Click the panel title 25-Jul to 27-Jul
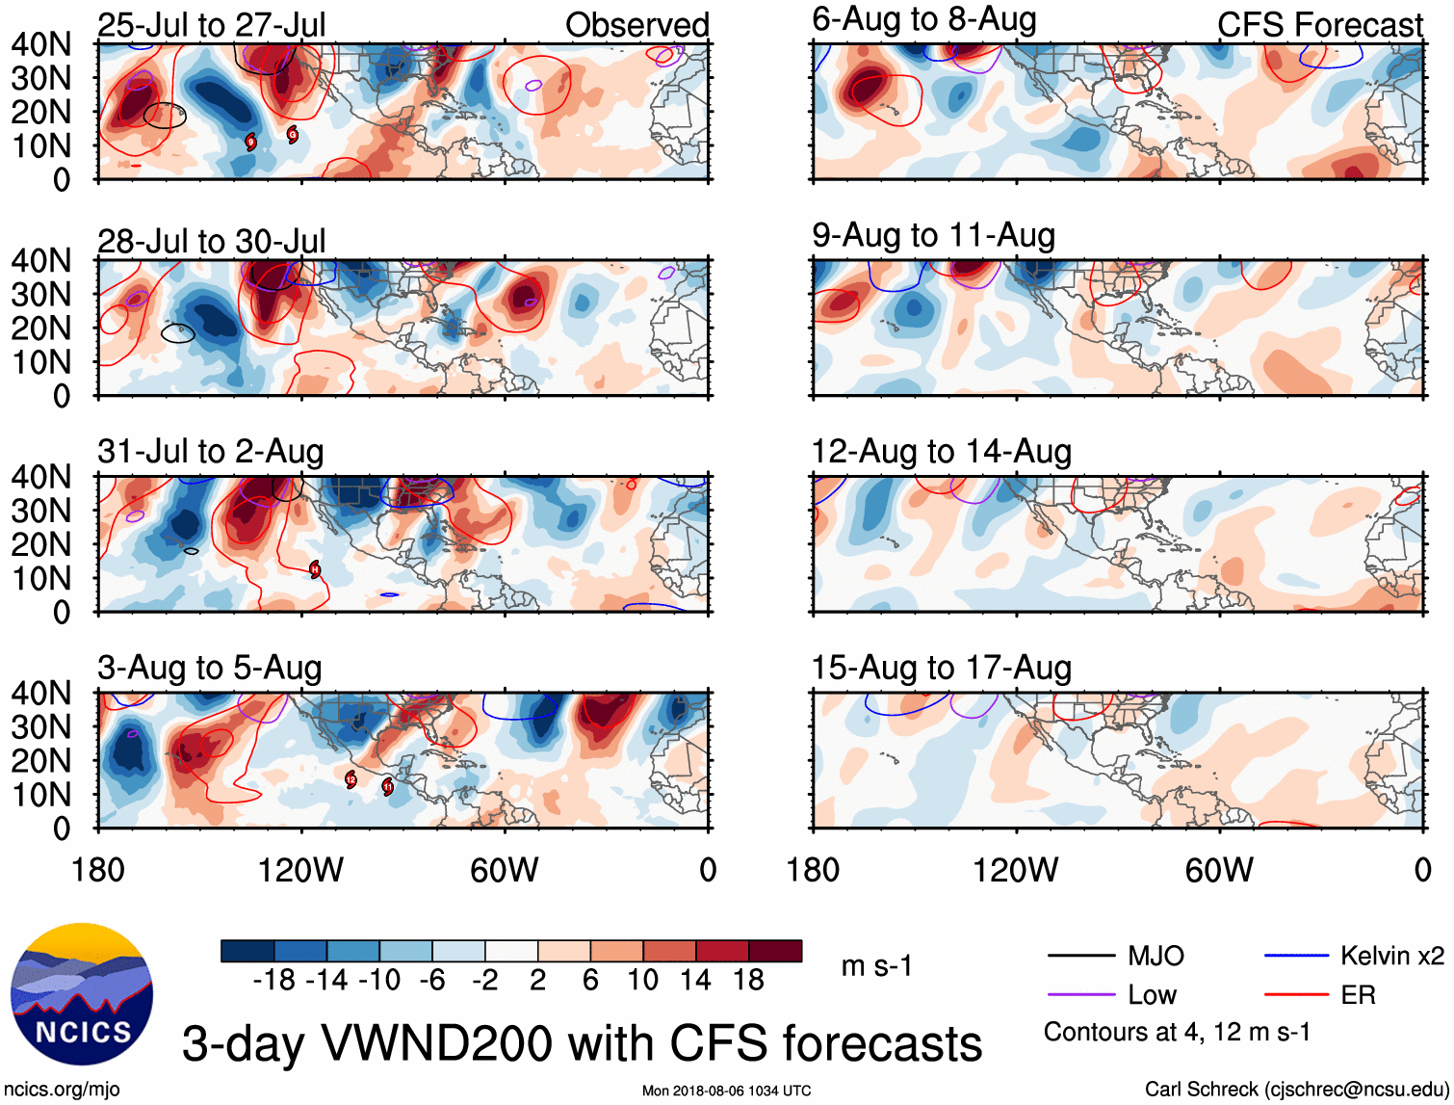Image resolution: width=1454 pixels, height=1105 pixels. tap(212, 25)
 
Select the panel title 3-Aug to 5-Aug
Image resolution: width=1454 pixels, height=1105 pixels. tap(210, 668)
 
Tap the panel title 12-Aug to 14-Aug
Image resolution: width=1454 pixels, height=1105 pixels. tap(941, 452)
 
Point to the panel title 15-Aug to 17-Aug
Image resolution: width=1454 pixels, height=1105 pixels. tap(941, 668)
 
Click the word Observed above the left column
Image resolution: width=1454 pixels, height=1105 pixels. tap(636, 25)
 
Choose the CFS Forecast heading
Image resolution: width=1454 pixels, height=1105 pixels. tap(1319, 25)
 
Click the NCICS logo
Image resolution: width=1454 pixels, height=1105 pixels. tap(81, 995)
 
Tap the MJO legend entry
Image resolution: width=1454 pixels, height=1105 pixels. tap(1155, 956)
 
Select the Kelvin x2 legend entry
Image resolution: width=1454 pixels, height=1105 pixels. tap(1391, 956)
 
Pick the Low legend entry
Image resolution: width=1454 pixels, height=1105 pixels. tap(1152, 995)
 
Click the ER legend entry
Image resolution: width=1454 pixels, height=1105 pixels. tap(1358, 995)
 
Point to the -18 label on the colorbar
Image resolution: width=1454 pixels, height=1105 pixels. tap(273, 981)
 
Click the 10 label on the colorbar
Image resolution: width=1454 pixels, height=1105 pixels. tap(642, 981)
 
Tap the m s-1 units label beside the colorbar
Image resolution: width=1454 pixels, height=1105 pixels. tap(876, 965)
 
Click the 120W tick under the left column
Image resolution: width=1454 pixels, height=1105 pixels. tap(300, 870)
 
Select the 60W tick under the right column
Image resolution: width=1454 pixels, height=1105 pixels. tap(1219, 870)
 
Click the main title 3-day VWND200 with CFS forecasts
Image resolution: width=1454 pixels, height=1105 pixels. tap(582, 1043)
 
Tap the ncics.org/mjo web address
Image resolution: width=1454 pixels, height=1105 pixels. tap(62, 1090)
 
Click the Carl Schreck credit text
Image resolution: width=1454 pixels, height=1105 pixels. tap(1295, 1090)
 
